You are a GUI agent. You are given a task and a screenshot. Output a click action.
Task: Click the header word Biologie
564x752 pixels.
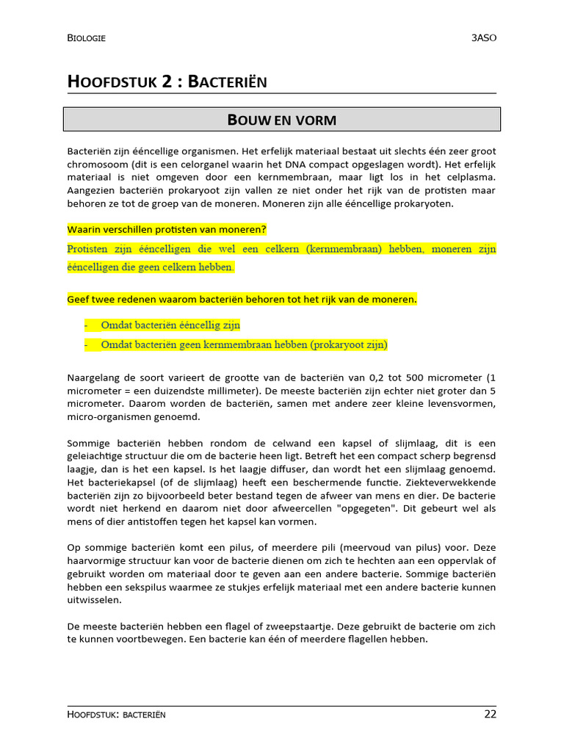coord(86,38)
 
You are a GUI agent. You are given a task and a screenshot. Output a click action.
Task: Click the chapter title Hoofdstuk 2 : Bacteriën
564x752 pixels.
coord(167,82)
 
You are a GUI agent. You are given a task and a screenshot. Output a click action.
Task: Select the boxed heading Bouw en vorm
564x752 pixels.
coord(282,119)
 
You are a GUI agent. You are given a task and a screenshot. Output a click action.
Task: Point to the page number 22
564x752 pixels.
coord(490,714)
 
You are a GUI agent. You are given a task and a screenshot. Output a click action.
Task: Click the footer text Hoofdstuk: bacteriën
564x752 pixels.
coord(116,715)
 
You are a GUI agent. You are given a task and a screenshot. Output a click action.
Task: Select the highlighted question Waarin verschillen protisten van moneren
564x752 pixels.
coord(167,229)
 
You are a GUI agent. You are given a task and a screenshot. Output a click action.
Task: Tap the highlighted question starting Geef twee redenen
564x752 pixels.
coord(242,300)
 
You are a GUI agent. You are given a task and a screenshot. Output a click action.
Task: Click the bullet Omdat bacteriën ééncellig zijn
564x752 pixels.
coord(170,325)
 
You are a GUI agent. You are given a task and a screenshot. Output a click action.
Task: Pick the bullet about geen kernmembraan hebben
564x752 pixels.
coord(244,344)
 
